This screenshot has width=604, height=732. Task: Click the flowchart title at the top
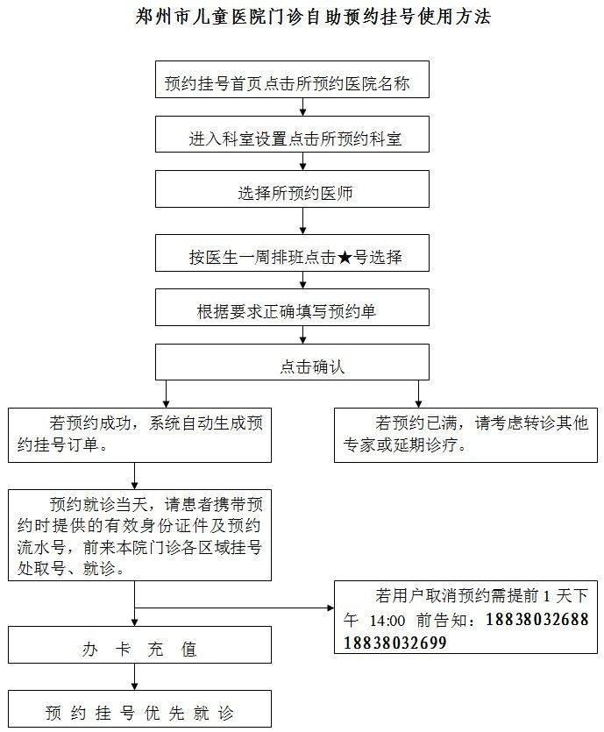[x=313, y=17]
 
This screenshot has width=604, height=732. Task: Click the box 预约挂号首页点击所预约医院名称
[x=292, y=80]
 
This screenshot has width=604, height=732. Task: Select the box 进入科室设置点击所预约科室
[x=292, y=134]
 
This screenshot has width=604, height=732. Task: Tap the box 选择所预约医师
[x=292, y=188]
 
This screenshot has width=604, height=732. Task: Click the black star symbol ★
[x=344, y=257]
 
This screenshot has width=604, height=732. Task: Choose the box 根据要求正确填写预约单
[x=292, y=307]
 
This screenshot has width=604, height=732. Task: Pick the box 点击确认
[x=292, y=362]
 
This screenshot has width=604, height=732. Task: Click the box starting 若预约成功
[x=139, y=435]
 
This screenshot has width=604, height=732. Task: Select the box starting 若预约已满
[x=465, y=435]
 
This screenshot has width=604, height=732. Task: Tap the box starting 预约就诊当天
[x=139, y=535]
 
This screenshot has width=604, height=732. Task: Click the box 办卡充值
[x=139, y=644]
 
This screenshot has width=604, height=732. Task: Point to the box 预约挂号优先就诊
[x=139, y=708]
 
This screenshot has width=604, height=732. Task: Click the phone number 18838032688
[x=537, y=620]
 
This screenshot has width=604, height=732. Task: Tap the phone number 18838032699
[x=394, y=643]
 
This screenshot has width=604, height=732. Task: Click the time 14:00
[x=387, y=621]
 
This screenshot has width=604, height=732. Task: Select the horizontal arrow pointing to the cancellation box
[x=234, y=608]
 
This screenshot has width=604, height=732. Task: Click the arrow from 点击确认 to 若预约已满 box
[x=419, y=394]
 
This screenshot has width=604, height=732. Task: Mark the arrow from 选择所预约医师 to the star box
[x=303, y=221]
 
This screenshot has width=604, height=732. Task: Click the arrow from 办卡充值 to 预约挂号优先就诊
[x=134, y=677]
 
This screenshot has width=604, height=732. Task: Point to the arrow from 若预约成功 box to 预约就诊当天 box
[x=134, y=476]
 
